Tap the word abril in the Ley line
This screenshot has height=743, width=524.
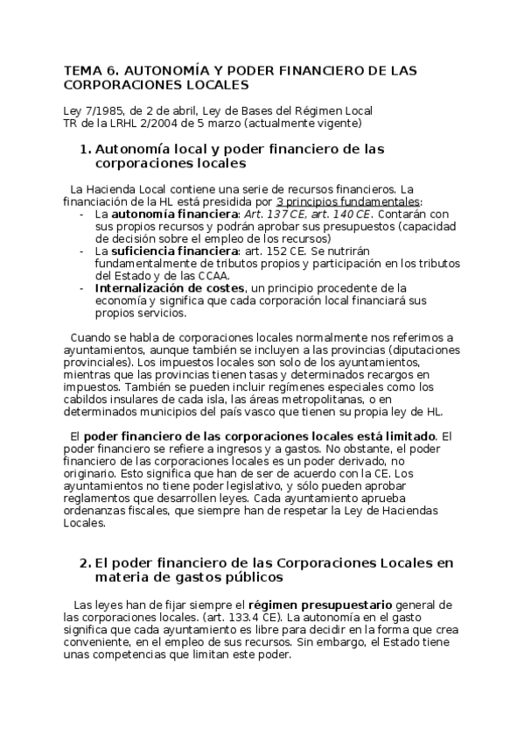click(x=183, y=110)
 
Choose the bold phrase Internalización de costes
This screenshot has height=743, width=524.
click(x=169, y=287)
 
